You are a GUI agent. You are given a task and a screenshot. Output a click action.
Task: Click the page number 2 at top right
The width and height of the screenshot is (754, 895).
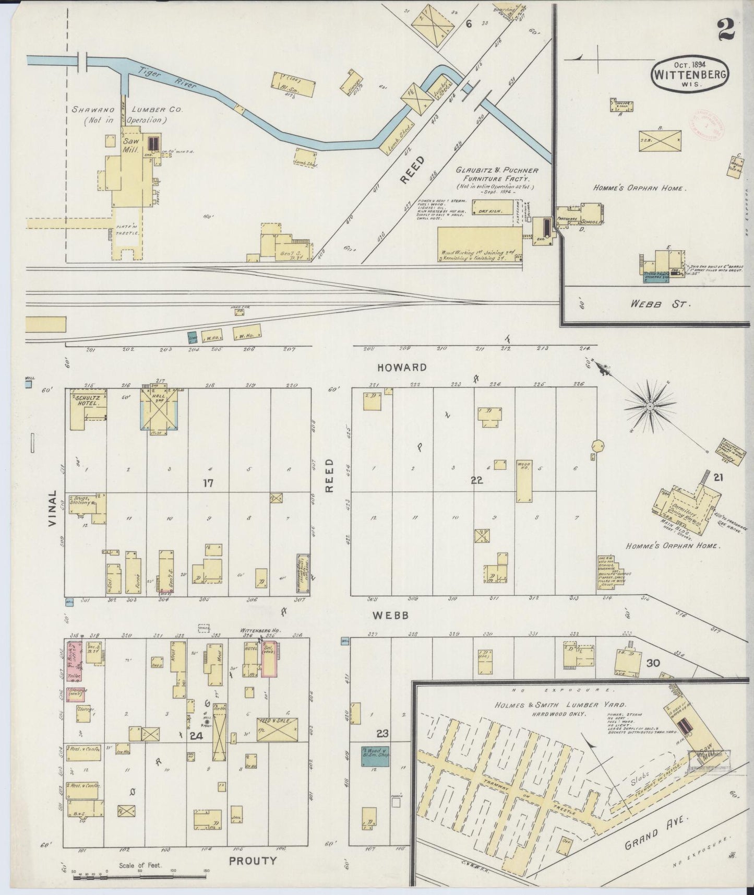[x=725, y=26]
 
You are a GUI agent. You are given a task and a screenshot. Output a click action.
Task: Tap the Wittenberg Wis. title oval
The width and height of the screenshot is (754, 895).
[x=689, y=75]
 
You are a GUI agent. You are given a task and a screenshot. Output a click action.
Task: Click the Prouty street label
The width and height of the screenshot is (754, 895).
[x=253, y=860]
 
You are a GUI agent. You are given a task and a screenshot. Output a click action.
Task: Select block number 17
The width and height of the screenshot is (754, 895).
[x=208, y=484]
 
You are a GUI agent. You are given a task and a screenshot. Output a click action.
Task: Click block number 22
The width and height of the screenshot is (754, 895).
[x=476, y=480]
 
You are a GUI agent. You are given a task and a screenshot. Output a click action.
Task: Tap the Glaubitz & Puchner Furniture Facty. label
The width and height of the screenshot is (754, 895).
[x=497, y=174]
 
